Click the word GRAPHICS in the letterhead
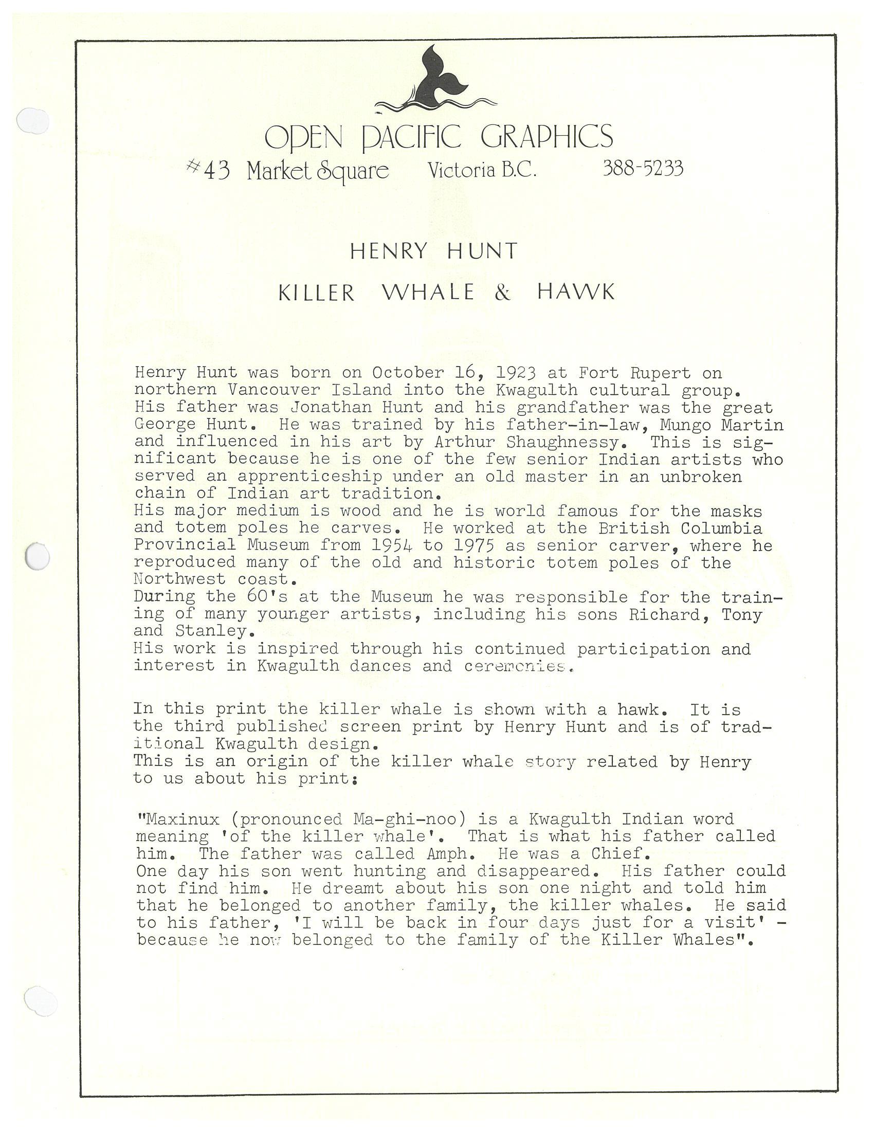tap(547, 137)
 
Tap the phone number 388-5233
tap(643, 168)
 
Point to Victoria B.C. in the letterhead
tap(482, 170)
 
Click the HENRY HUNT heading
tap(434, 251)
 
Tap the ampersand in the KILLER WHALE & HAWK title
tap(502, 293)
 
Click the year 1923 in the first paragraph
tap(515, 373)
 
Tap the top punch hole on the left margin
tap(32, 121)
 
